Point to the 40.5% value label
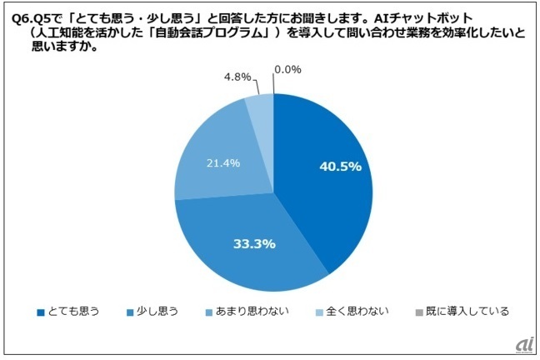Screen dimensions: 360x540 click(340, 167)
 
